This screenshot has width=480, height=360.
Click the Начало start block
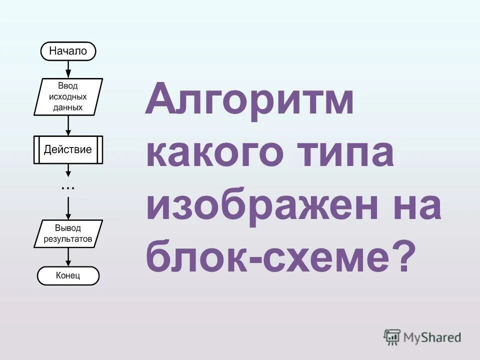pos(67,50)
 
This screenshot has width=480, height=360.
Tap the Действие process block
pos(68,149)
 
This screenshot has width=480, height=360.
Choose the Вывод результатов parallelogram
pos(68,234)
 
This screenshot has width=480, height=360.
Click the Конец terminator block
pos(68,275)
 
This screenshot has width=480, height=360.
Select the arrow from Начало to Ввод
pos(68,68)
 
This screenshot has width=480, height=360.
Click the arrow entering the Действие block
pos(68,125)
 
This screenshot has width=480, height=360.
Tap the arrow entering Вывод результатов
pos(68,207)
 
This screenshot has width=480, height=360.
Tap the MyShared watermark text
pos(433,337)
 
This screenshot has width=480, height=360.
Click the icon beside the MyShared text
pos(392,337)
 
